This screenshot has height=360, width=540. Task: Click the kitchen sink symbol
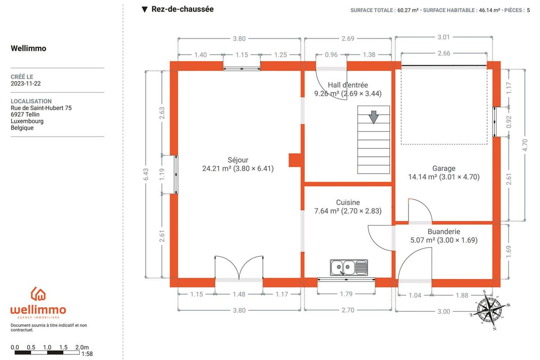[349, 267]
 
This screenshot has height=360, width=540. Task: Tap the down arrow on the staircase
[373, 117]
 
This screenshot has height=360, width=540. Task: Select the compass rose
[490, 310]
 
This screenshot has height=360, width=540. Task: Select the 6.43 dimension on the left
[146, 174]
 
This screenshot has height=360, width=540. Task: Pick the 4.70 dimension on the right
[525, 145]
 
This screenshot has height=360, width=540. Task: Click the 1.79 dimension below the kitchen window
[346, 294]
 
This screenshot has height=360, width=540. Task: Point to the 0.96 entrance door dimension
[331, 55]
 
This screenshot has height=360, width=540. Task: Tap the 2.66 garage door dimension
[444, 53]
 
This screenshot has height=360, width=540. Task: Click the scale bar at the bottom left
[47, 352]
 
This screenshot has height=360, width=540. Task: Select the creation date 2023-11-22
[26, 84]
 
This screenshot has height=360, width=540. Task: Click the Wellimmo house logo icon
[38, 294]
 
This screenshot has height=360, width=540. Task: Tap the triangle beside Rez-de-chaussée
[144, 9]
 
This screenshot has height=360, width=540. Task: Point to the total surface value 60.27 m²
[408, 10]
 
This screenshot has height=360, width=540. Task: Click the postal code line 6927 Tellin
[25, 114]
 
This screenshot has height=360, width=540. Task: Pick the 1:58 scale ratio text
[87, 354]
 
